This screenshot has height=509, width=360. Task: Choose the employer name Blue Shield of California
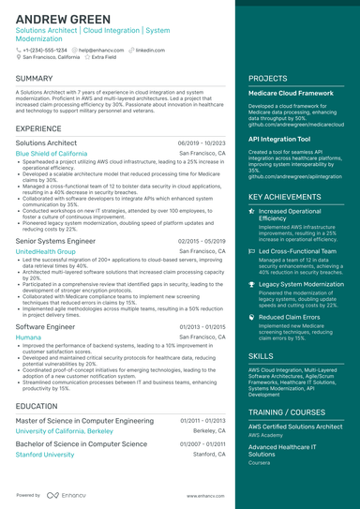coord(52,152)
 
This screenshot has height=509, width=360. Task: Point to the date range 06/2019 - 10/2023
coord(202,142)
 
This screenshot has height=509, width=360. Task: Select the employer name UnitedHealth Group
coord(46,251)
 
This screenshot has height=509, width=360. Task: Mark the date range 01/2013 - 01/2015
coord(202,325)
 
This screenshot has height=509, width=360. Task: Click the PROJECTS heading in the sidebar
coord(268,78)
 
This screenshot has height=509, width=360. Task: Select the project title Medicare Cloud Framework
coord(292,94)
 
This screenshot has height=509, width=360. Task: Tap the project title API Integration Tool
coord(279,138)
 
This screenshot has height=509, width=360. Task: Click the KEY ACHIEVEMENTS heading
coord(291,197)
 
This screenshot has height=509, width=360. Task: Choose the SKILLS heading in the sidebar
coord(262,357)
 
